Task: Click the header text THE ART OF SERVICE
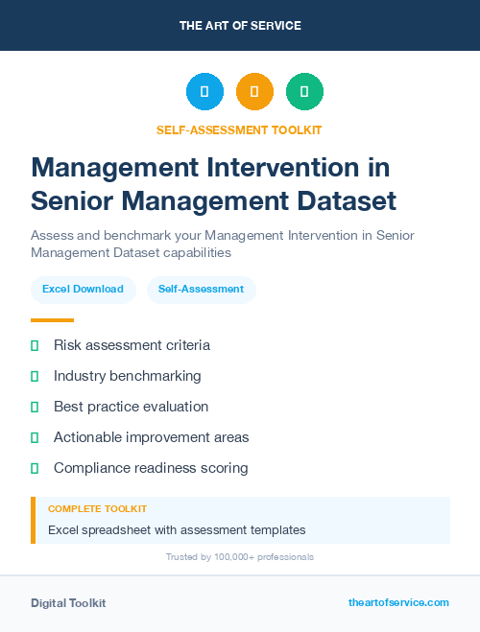pyautogui.click(x=240, y=26)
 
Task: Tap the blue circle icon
pyautogui.click(x=204, y=92)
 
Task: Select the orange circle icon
pyautogui.click(x=254, y=92)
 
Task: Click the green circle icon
pyautogui.click(x=304, y=92)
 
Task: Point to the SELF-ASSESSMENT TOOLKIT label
pyautogui.click(x=240, y=129)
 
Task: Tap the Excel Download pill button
pyautogui.click(x=83, y=289)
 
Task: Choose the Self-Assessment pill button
pyautogui.click(x=201, y=289)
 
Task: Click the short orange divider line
pyautogui.click(x=52, y=320)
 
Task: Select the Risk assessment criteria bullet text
pyautogui.click(x=132, y=345)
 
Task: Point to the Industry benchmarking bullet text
pyautogui.click(x=127, y=376)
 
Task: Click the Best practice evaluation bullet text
pyautogui.click(x=131, y=407)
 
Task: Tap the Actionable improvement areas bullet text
pyautogui.click(x=151, y=437)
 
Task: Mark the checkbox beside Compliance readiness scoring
pyautogui.click(x=35, y=468)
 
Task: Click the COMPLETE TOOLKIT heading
pyautogui.click(x=97, y=509)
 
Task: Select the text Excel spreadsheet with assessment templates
pyautogui.click(x=177, y=529)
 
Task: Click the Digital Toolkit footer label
pyautogui.click(x=68, y=603)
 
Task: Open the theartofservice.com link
pyautogui.click(x=398, y=602)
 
